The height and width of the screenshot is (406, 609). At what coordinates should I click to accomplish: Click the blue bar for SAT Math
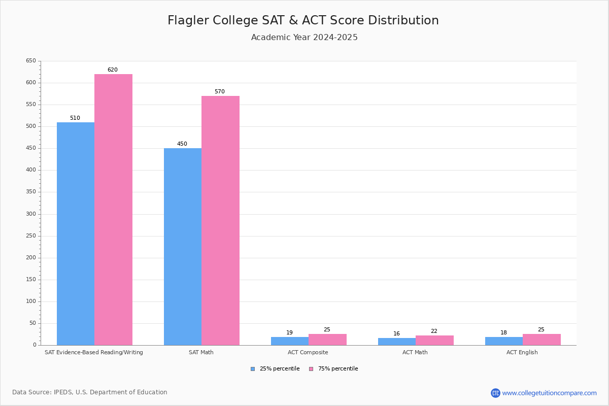pyautogui.click(x=183, y=247)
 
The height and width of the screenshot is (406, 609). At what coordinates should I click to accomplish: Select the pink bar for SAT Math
pyautogui.click(x=220, y=220)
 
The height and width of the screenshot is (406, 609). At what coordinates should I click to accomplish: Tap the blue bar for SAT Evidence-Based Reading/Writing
pyautogui.click(x=76, y=233)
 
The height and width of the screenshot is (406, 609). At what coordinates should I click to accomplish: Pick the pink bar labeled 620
pyautogui.click(x=113, y=210)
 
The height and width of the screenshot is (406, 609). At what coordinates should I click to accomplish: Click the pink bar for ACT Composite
pyautogui.click(x=327, y=340)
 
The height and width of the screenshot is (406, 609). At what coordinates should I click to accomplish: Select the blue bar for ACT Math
pyautogui.click(x=397, y=342)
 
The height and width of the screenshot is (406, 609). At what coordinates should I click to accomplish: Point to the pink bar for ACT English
pyautogui.click(x=542, y=340)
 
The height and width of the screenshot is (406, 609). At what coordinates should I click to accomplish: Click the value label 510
pyautogui.click(x=75, y=118)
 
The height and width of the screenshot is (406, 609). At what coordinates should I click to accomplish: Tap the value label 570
pyautogui.click(x=219, y=92)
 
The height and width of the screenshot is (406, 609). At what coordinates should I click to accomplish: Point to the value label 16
pyautogui.click(x=396, y=334)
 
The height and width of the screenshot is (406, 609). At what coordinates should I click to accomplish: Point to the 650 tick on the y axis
pyautogui.click(x=31, y=61)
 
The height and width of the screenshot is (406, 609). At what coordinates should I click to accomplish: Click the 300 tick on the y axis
pyautogui.click(x=31, y=214)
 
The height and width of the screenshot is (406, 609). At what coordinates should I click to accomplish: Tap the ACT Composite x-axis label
pyautogui.click(x=308, y=352)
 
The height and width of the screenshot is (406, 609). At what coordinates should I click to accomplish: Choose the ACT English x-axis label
pyautogui.click(x=522, y=352)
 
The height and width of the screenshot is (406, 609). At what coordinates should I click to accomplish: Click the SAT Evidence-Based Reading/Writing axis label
pyautogui.click(x=94, y=352)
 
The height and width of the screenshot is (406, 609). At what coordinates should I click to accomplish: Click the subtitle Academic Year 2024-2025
pyautogui.click(x=304, y=38)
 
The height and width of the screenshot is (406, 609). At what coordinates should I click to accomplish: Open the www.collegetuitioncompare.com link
pyautogui.click(x=549, y=393)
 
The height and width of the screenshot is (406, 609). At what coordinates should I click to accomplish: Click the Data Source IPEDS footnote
pyautogui.click(x=90, y=392)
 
